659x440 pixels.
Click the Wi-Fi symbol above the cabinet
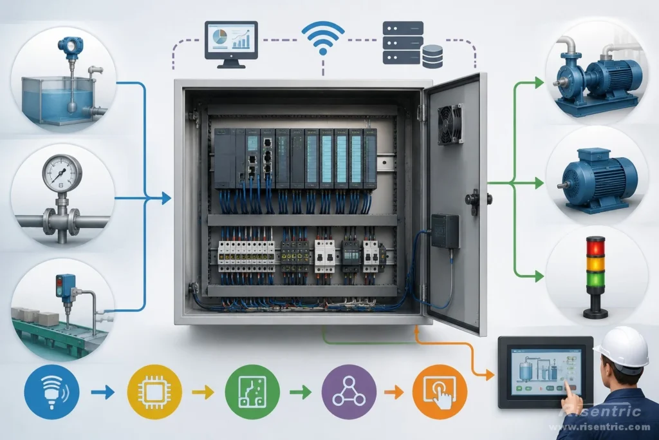tap(323, 38)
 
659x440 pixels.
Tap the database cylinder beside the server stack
tap(432, 56)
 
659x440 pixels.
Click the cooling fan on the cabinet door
tap(450, 124)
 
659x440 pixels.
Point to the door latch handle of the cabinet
tap(474, 199)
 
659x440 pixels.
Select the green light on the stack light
tap(595, 280)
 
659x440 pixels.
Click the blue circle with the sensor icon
tap(51, 392)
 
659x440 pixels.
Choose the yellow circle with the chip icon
tap(154, 392)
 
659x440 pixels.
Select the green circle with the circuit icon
tap(252, 392)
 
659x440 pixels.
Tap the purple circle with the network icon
tap(349, 392)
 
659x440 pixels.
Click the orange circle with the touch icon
tap(440, 392)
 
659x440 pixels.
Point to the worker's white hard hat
tap(623, 348)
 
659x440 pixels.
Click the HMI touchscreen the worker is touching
tap(545, 373)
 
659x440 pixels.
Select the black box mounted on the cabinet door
tap(445, 231)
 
